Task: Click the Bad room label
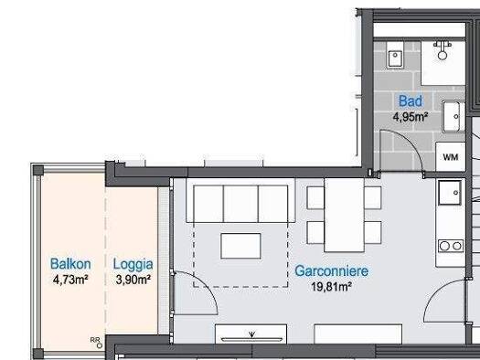(411, 101)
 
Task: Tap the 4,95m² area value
(411, 117)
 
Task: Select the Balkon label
(70, 264)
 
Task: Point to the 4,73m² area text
(70, 280)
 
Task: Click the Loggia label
(133, 265)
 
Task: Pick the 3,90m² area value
(133, 280)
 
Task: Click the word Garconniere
(332, 271)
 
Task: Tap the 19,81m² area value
(331, 287)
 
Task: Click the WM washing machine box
(451, 156)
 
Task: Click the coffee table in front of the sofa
(240, 246)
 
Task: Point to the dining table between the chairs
(344, 215)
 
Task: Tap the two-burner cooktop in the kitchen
(451, 246)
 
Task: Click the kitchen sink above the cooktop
(450, 193)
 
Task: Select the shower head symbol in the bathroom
(443, 50)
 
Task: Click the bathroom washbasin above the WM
(453, 116)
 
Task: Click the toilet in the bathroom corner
(395, 55)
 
